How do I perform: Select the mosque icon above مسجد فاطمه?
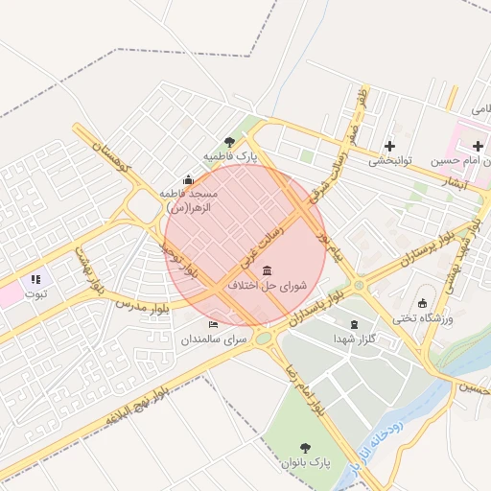click(x=188, y=179)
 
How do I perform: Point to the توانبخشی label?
click(x=390, y=161)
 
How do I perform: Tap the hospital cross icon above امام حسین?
click(x=477, y=146)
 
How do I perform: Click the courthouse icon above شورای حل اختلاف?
click(x=266, y=270)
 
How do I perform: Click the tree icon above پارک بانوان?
click(x=305, y=447)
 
